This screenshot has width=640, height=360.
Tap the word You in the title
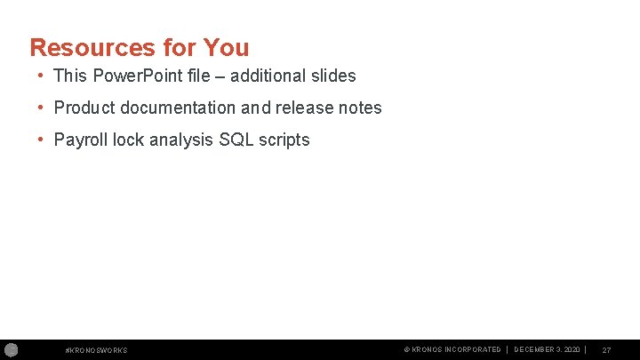click(x=226, y=47)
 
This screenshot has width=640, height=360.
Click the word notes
click(x=360, y=108)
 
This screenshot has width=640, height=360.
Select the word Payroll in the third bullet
click(x=81, y=140)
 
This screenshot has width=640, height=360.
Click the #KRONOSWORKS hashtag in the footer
click(x=97, y=350)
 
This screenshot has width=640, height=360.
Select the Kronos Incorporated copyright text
click(x=452, y=350)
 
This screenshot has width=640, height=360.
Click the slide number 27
click(x=606, y=350)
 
